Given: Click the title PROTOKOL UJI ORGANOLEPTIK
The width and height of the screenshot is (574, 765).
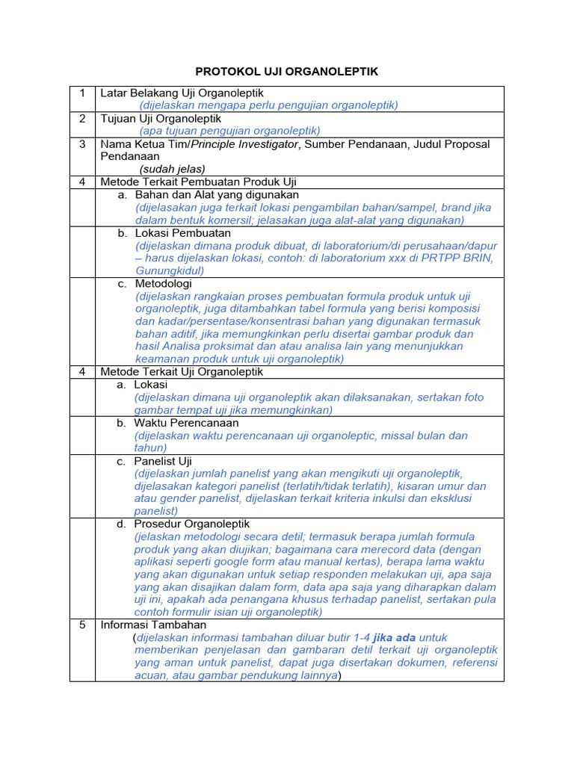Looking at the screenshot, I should point(287,72).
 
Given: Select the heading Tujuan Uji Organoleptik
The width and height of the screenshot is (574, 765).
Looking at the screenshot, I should point(161,119).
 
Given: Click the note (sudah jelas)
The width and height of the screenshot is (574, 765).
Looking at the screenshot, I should point(172,169).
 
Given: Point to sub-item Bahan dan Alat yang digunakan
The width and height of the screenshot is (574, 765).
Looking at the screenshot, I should point(217,194).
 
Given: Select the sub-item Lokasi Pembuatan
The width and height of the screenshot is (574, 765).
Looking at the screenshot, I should point(183,233).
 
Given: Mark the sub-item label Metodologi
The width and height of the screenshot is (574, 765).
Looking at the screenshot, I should point(164,284).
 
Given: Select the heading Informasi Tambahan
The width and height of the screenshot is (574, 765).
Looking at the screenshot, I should point(153,625).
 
